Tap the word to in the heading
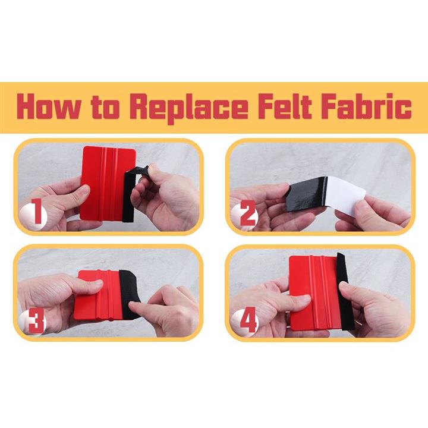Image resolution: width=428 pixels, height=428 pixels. tap(106, 107)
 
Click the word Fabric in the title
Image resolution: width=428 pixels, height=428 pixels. tap(366, 106)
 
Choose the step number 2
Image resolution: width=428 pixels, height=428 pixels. tap(247, 214)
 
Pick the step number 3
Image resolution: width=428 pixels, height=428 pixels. tap(36, 321)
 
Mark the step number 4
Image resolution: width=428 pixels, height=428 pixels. tap(248, 319)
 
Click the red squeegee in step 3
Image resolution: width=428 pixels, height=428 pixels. tap(97, 295)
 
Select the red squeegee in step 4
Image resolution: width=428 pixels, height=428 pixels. tap(314, 292)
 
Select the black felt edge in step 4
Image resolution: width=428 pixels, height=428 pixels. tap(345, 291)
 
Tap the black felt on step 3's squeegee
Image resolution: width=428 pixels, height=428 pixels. tap(130, 294)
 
